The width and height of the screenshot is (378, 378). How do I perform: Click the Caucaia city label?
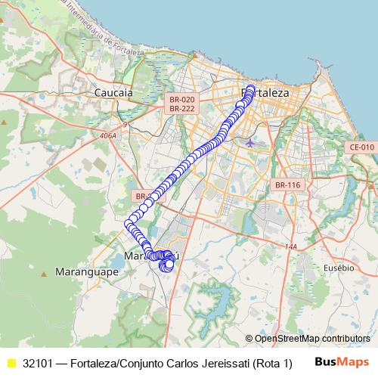click(x=113, y=92)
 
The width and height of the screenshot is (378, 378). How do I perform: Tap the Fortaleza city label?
click(x=265, y=92)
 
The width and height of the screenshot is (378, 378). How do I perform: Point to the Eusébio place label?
click(x=338, y=268)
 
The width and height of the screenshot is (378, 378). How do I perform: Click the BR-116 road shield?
click(x=287, y=184)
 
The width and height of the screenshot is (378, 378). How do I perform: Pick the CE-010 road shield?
click(x=361, y=147)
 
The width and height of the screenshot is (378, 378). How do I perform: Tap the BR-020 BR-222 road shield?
click(x=182, y=104)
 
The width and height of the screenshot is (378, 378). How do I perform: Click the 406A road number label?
click(x=107, y=136)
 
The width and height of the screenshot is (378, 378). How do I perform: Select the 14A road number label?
click(x=291, y=246)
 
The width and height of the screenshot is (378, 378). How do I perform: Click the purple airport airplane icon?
click(x=250, y=141)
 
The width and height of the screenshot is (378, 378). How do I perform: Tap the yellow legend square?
click(x=11, y=363)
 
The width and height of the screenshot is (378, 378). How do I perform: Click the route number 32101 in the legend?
click(x=39, y=363)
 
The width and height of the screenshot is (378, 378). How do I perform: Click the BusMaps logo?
click(x=341, y=361)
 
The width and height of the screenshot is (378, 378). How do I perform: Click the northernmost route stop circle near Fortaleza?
click(x=250, y=88)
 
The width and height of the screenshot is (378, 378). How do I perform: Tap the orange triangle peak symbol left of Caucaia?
click(x=5, y=120)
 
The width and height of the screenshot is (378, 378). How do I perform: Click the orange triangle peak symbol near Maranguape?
click(x=46, y=271)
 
